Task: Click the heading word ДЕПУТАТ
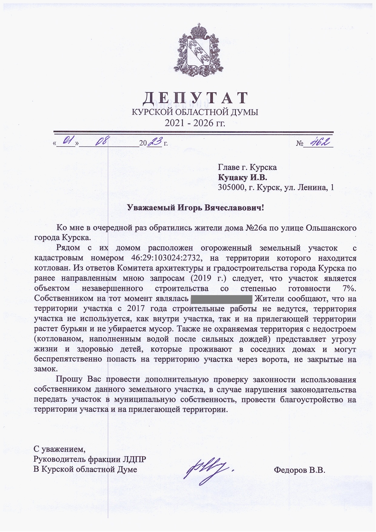point(195,98)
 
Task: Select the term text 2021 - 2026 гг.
point(195,123)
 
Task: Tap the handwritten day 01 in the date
point(67,141)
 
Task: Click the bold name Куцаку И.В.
point(242,177)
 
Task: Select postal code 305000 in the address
point(231,187)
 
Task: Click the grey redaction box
point(221,299)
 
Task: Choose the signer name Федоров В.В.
point(299,470)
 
